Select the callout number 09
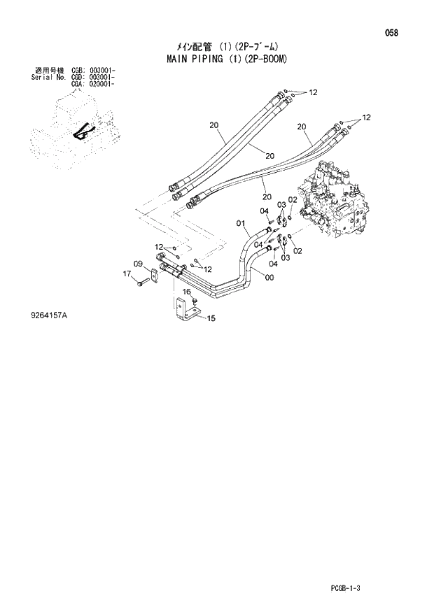tap(138, 264)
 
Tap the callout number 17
tap(127, 273)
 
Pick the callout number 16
tap(187, 292)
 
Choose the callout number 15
tap(211, 319)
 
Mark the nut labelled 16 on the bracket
tap(195, 301)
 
